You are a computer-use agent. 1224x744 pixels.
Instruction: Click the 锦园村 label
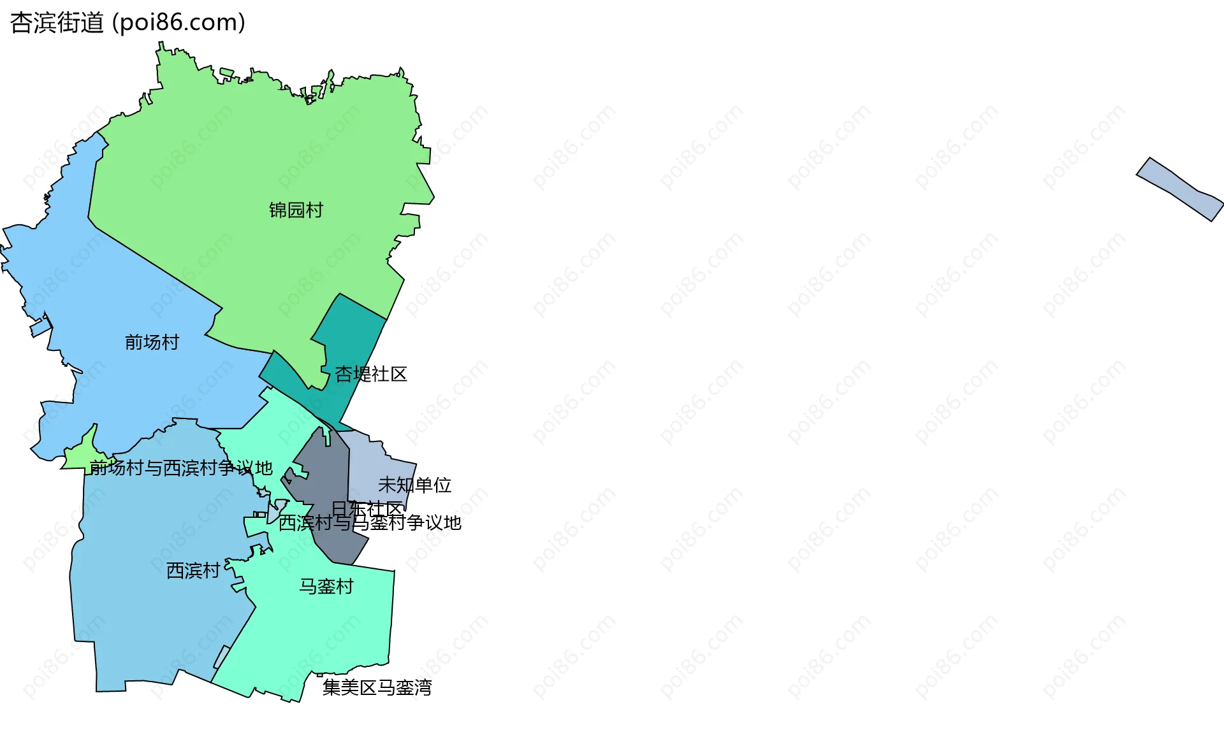point(296,210)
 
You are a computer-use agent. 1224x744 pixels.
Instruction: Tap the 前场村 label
point(152,343)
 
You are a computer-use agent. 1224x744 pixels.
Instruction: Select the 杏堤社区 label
point(370,374)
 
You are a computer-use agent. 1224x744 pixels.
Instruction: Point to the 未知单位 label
point(414,485)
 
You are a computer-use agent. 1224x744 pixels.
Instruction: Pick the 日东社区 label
point(367,509)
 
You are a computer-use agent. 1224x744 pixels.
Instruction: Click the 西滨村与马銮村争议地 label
point(370,523)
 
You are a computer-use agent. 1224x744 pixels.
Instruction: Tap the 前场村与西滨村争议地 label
point(181,468)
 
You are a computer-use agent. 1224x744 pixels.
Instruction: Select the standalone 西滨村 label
point(193,571)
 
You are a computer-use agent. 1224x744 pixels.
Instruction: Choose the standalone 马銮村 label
point(326,587)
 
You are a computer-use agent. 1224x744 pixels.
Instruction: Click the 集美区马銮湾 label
point(377,688)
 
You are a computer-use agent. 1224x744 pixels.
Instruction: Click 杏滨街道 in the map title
point(57,23)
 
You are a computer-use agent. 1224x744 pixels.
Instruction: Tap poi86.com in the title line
point(179,23)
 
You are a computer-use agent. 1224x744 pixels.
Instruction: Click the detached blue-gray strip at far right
point(1180,189)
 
